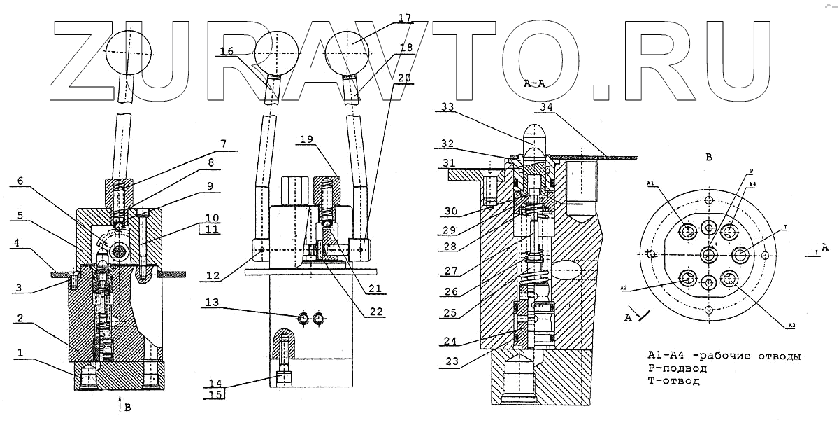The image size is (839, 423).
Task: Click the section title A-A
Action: [534, 83]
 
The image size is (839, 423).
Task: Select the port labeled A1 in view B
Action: [688, 232]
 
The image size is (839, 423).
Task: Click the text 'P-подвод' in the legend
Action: [677, 368]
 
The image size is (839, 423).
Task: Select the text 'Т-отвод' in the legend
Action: [673, 382]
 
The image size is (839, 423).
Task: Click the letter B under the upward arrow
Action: [127, 405]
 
